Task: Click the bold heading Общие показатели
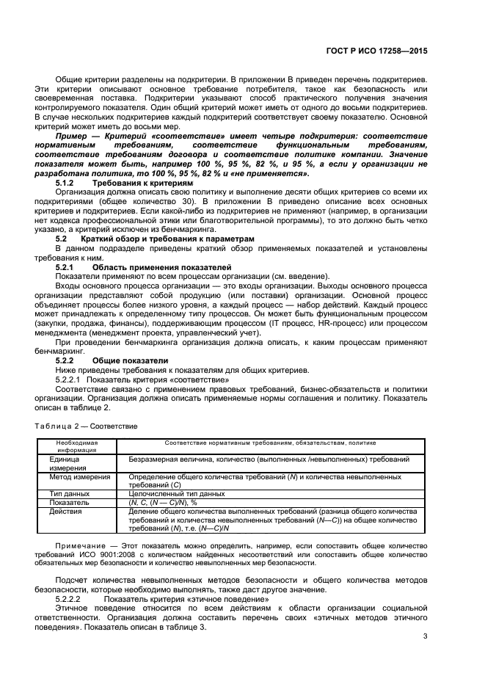tap(130, 360)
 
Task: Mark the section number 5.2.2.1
tap(69, 379)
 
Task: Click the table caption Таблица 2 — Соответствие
tap(86, 426)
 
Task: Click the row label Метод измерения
tap(80, 476)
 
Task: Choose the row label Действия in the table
tap(68, 512)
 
